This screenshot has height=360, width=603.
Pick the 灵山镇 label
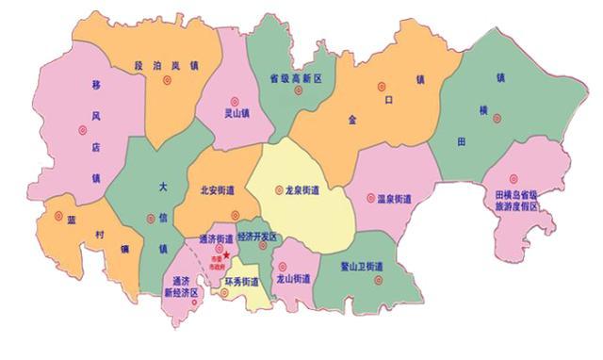click(x=236, y=114)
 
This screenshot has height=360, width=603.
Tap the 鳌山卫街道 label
click(x=362, y=267)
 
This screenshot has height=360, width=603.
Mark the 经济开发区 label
click(x=257, y=237)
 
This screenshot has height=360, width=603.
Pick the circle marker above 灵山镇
click(x=236, y=98)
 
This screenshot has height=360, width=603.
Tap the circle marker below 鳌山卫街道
click(x=378, y=280)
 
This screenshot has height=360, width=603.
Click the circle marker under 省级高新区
click(x=298, y=91)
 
